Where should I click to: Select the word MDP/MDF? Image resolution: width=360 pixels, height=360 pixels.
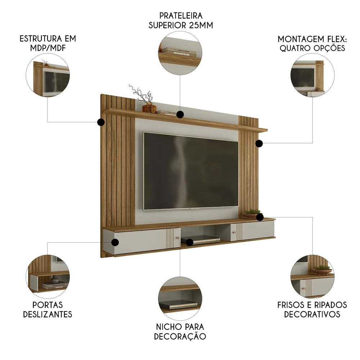pyautogui.click(x=48, y=48)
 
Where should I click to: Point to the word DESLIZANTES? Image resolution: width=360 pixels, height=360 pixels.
pyautogui.click(x=48, y=314)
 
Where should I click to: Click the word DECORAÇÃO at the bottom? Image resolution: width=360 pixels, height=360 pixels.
pyautogui.click(x=180, y=337)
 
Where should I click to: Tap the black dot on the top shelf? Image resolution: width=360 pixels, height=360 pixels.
pyautogui.click(x=180, y=114)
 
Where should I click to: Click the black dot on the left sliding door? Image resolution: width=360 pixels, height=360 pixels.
pyautogui.click(x=115, y=242)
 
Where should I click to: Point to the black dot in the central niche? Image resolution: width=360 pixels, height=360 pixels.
pyautogui.click(x=190, y=242)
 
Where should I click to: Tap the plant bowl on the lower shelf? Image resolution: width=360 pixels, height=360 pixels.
pyautogui.click(x=251, y=214)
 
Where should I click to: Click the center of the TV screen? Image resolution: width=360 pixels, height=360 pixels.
pyautogui.click(x=191, y=170)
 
